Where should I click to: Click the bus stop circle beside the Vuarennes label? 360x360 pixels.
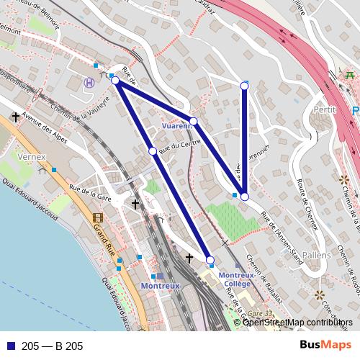(193, 121)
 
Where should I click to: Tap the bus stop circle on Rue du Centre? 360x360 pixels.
(152, 150)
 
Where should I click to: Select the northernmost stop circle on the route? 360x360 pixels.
(244, 86)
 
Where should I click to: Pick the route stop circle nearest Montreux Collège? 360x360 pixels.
(210, 259)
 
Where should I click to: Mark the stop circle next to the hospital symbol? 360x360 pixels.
(115, 81)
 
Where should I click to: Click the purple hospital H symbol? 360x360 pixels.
(89, 83)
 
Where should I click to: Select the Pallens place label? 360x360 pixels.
(317, 255)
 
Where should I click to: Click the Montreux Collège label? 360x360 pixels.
(235, 279)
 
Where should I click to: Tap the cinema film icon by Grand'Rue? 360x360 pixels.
(98, 217)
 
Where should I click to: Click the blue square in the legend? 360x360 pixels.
(11, 346)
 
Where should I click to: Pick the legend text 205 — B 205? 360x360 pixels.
(53, 346)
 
